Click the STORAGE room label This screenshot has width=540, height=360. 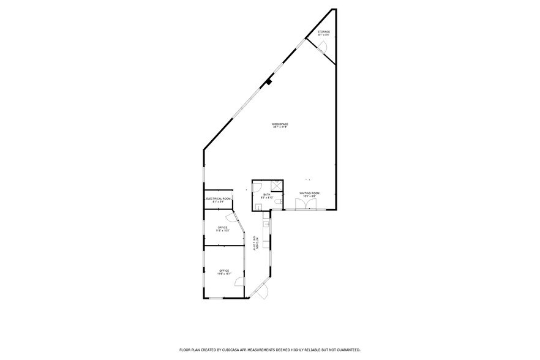click(x=323, y=32)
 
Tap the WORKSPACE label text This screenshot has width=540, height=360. click(x=280, y=124)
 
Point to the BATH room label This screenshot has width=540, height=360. click(x=266, y=195)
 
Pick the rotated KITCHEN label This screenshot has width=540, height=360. click(x=257, y=244)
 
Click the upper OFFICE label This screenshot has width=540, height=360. click(x=222, y=228)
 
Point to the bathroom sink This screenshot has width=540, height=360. click(x=259, y=207)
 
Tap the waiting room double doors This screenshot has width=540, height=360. click(x=304, y=204)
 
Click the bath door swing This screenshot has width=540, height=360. click(x=258, y=186)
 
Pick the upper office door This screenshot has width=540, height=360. click(x=231, y=217)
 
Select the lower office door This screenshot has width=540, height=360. click(x=241, y=283)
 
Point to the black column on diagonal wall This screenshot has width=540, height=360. click(x=268, y=81)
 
